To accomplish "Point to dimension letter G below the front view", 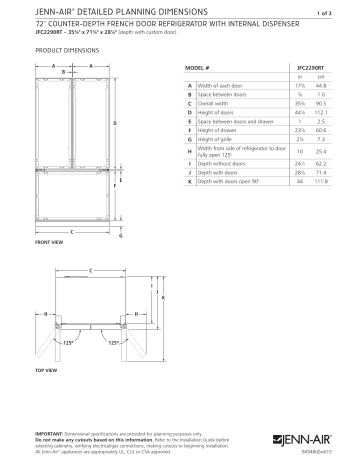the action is (x=122, y=236).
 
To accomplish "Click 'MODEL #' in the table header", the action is (x=197, y=66).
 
